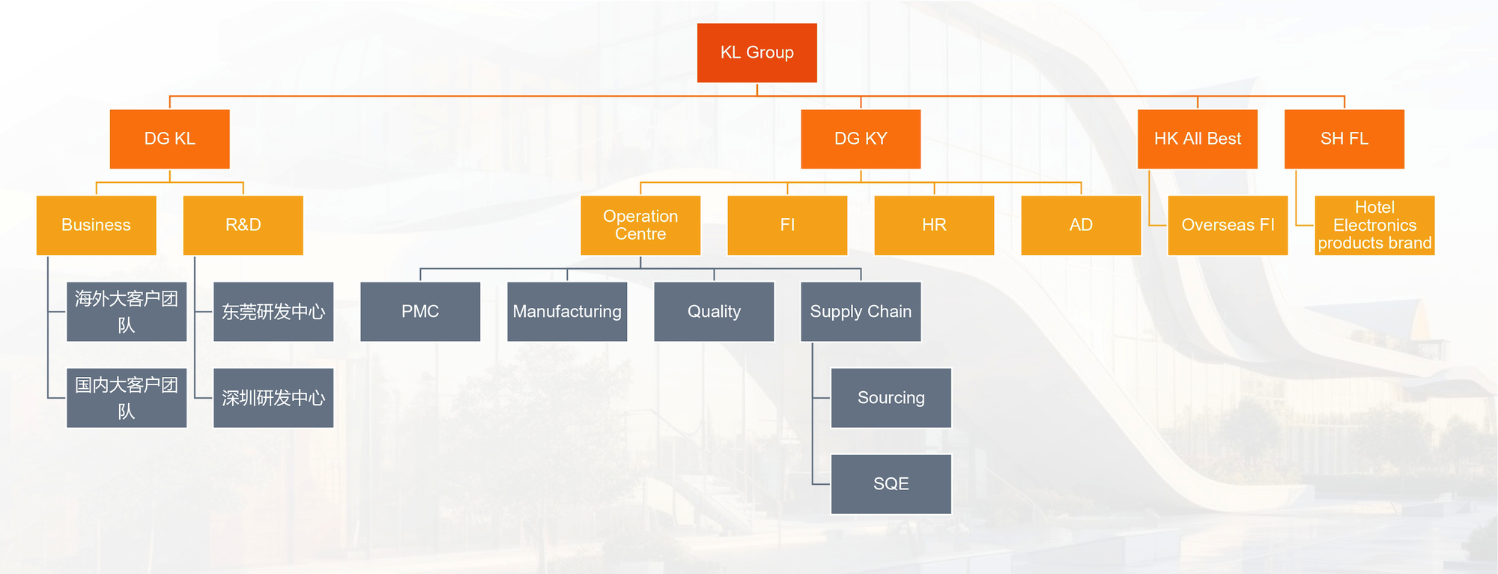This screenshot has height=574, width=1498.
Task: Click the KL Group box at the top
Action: pyautogui.click(x=756, y=52)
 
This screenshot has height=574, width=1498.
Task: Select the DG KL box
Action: pyautogui.click(x=169, y=139)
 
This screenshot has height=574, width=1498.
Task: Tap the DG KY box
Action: pyautogui.click(x=861, y=139)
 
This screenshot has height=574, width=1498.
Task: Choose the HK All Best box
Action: pyautogui.click(x=1197, y=139)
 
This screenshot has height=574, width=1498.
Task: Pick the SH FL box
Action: pyautogui.click(x=1344, y=139)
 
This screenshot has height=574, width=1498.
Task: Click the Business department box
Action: pyautogui.click(x=96, y=225)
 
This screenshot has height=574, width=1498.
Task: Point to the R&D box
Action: pyautogui.click(x=243, y=225)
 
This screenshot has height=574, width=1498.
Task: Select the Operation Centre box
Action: pyautogui.click(x=640, y=225)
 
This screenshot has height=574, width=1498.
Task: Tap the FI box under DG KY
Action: pyautogui.click(x=787, y=225)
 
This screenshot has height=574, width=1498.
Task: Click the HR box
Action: pyautogui.click(x=934, y=225)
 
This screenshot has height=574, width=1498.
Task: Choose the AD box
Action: pyautogui.click(x=1081, y=225)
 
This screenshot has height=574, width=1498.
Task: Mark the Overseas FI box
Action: pyautogui.click(x=1228, y=225)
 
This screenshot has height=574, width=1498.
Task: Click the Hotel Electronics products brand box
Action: pyautogui.click(x=1374, y=225)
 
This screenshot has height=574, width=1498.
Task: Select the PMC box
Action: pyautogui.click(x=420, y=311)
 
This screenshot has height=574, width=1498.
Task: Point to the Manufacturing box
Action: pyautogui.click(x=567, y=311)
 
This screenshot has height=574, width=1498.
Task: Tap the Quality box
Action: pyautogui.click(x=714, y=311)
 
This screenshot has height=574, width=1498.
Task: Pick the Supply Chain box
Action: pyautogui.click(x=861, y=311)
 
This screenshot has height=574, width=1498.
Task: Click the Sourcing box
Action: pyautogui.click(x=891, y=398)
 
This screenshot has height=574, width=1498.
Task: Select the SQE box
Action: pyautogui.click(x=891, y=484)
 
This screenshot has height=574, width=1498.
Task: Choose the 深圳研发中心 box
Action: pyautogui.click(x=273, y=398)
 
